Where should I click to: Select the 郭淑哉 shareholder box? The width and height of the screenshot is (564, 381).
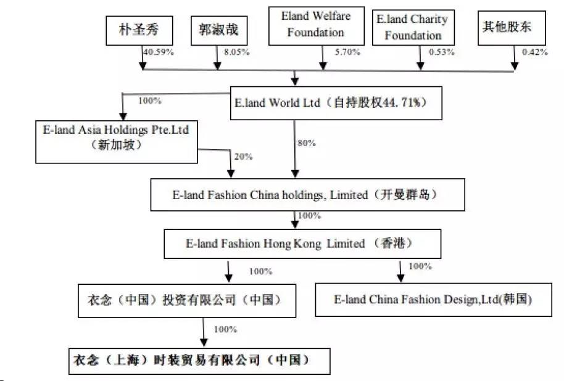click(218, 30)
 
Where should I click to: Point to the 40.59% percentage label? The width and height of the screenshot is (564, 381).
click(159, 52)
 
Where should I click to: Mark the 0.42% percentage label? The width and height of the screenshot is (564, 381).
click(535, 52)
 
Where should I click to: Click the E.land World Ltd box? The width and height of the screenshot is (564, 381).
click(338, 103)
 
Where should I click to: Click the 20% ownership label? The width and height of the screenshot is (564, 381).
click(243, 157)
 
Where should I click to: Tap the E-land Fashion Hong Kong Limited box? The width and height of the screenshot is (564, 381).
click(302, 244)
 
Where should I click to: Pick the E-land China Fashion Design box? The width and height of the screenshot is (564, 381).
click(433, 300)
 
